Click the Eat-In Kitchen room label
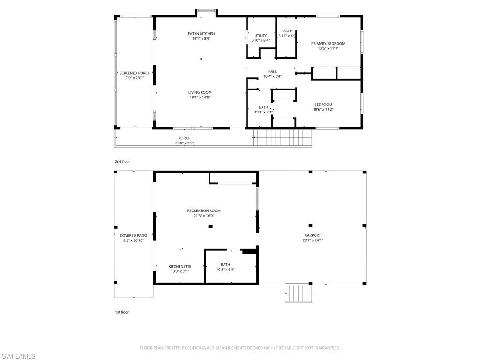tap(201, 34)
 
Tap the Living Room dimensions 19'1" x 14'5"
tap(200, 97)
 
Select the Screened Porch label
tap(135, 73)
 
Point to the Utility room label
tap(261, 36)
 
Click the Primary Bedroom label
tap(328, 44)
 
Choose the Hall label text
tap(272, 72)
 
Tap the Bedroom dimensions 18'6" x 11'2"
tap(323, 109)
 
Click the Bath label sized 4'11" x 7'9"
tap(263, 107)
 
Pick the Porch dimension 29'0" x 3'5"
tap(184, 143)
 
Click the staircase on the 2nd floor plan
tap(283, 137)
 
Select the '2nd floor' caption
tap(122, 162)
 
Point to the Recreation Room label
tap(204, 211)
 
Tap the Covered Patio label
tap(134, 236)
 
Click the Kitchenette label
tap(180, 266)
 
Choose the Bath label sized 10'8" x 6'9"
tap(225, 265)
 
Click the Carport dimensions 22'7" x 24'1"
tap(313, 240)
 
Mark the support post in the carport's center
tap(310, 225)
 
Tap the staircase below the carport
tap(298, 293)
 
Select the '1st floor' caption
tap(122, 312)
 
